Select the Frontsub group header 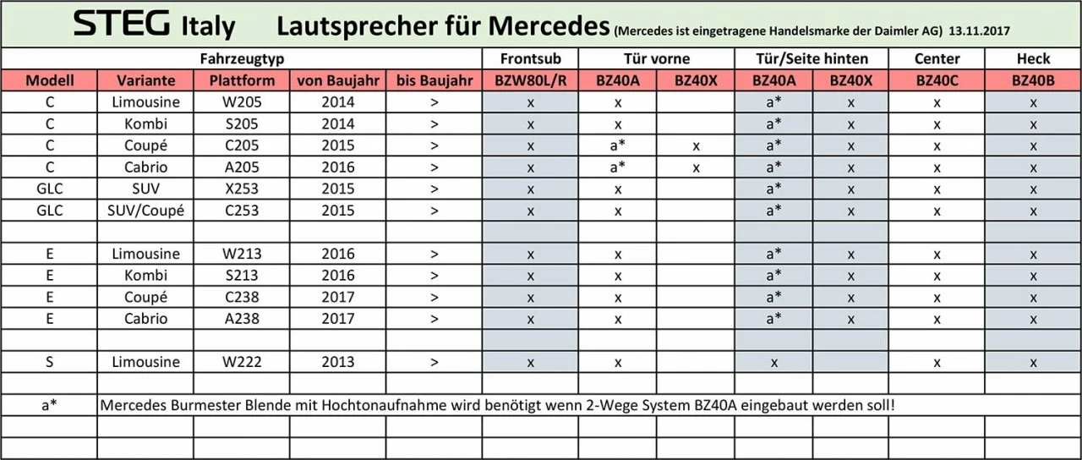tap(529, 58)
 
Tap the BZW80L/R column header tap(529, 81)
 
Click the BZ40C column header tap(937, 81)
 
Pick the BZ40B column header tap(1033, 81)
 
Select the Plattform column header tap(241, 81)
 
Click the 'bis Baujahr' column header tap(434, 81)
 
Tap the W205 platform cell tap(241, 102)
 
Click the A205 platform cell tap(241, 167)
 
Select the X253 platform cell tap(241, 189)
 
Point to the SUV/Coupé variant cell tap(145, 211)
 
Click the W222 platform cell tap(241, 362)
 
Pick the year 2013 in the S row tap(338, 362)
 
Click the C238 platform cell tap(241, 297)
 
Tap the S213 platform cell tap(241, 276)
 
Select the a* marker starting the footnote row tap(49, 406)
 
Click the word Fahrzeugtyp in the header tap(241, 58)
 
